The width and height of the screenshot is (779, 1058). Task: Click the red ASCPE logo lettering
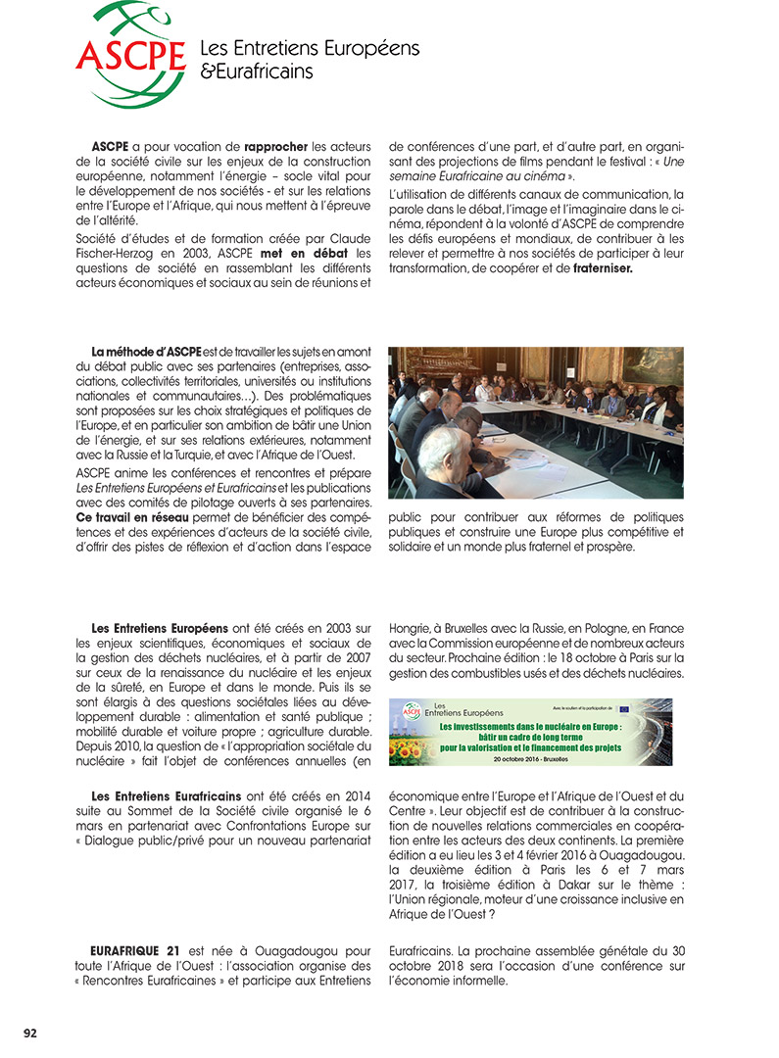(x=130, y=55)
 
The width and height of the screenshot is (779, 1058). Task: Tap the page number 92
(x=30, y=1032)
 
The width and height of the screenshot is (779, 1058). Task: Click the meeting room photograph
(x=535, y=422)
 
